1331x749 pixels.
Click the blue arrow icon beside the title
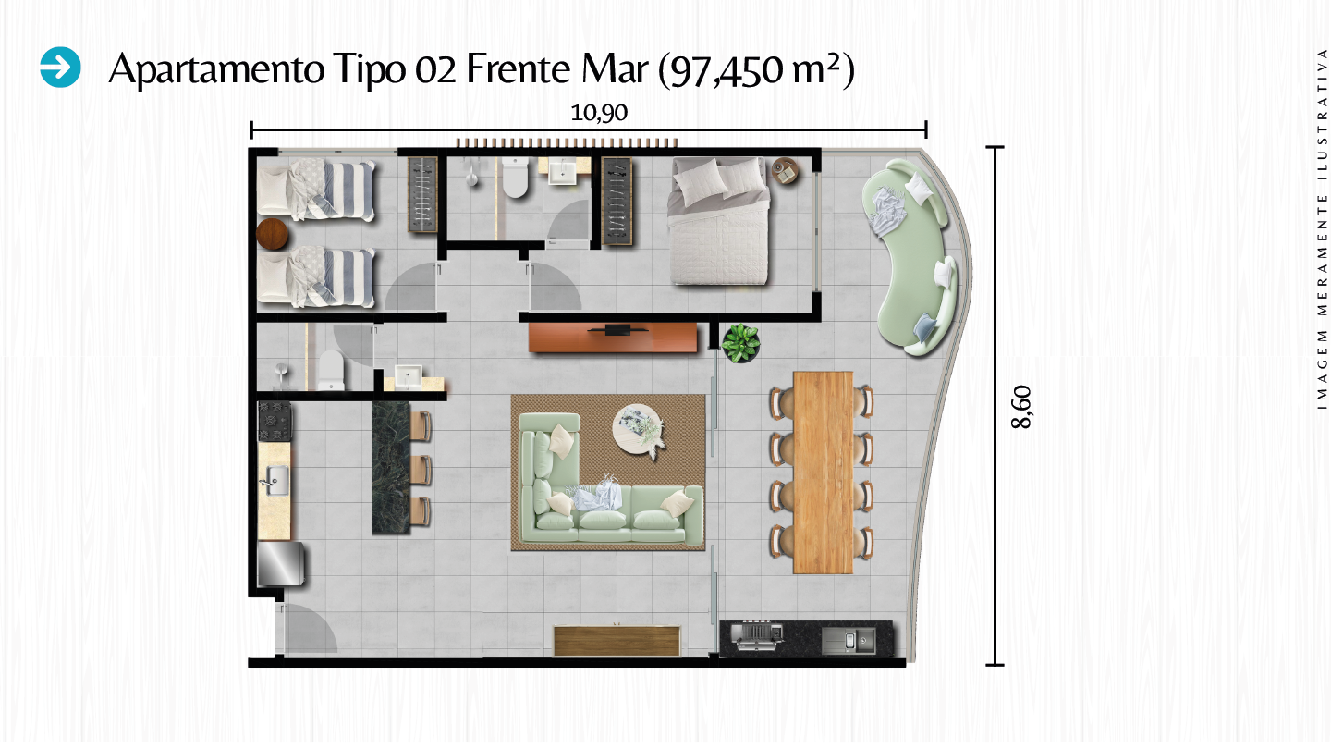pos(61,68)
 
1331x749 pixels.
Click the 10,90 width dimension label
pos(599,113)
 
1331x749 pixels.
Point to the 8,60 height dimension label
pos(1021,407)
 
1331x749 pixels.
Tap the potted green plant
pos(740,343)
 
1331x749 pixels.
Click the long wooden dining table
pos(823,472)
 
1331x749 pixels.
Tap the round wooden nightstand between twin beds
pos(274,235)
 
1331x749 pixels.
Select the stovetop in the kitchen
pos(275,422)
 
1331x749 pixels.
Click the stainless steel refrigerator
pos(280,564)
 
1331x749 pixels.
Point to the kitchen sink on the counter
pos(275,478)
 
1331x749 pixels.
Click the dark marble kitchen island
pos(390,467)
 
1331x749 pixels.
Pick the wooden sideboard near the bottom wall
pos(617,641)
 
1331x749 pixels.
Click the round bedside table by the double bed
pos(786,171)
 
